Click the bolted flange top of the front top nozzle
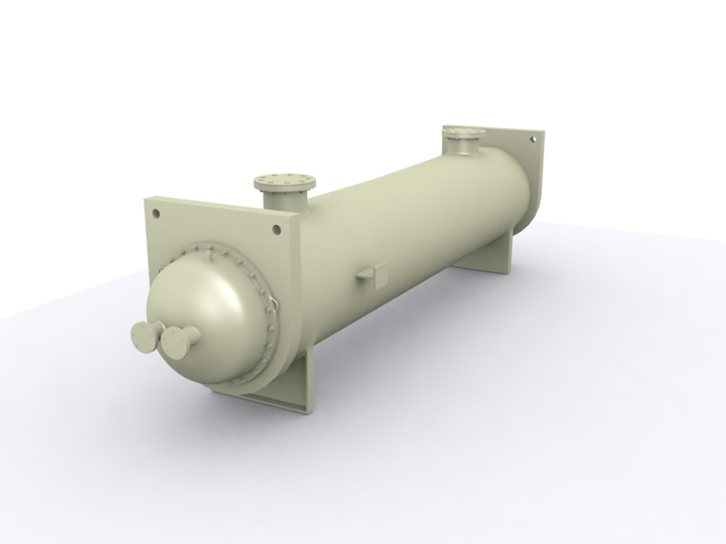[285, 180]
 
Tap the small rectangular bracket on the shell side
[374, 275]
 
